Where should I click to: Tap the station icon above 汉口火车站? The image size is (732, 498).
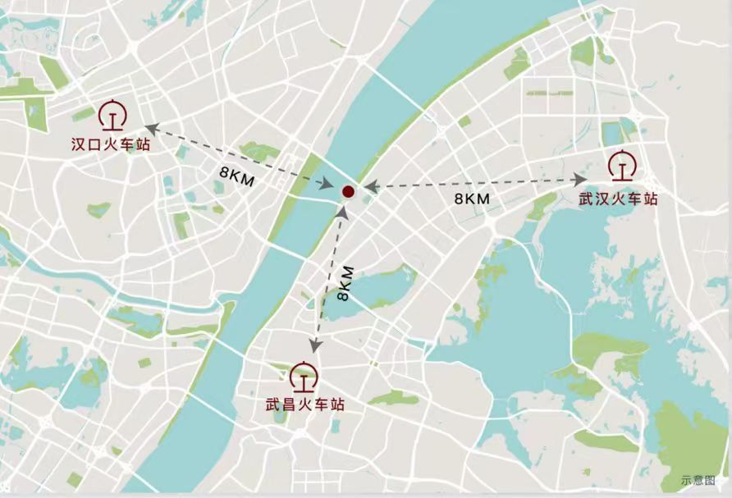[112, 116]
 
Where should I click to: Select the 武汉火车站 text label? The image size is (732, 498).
[618, 199]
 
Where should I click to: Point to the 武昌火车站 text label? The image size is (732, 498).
[304, 405]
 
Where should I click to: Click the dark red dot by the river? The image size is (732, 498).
[348, 192]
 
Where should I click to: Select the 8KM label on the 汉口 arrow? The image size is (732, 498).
[237, 175]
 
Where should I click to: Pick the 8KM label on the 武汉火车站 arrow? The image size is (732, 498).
[472, 199]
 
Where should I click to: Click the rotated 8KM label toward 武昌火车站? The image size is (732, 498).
[346, 283]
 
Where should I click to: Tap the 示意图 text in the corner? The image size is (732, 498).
[698, 480]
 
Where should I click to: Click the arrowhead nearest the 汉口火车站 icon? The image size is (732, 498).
[149, 127]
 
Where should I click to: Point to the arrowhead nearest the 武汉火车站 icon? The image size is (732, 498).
[581, 178]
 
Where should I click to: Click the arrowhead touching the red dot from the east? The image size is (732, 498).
[368, 188]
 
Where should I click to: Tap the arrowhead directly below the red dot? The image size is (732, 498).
[343, 212]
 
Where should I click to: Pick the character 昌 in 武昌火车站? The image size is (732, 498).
[289, 405]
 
